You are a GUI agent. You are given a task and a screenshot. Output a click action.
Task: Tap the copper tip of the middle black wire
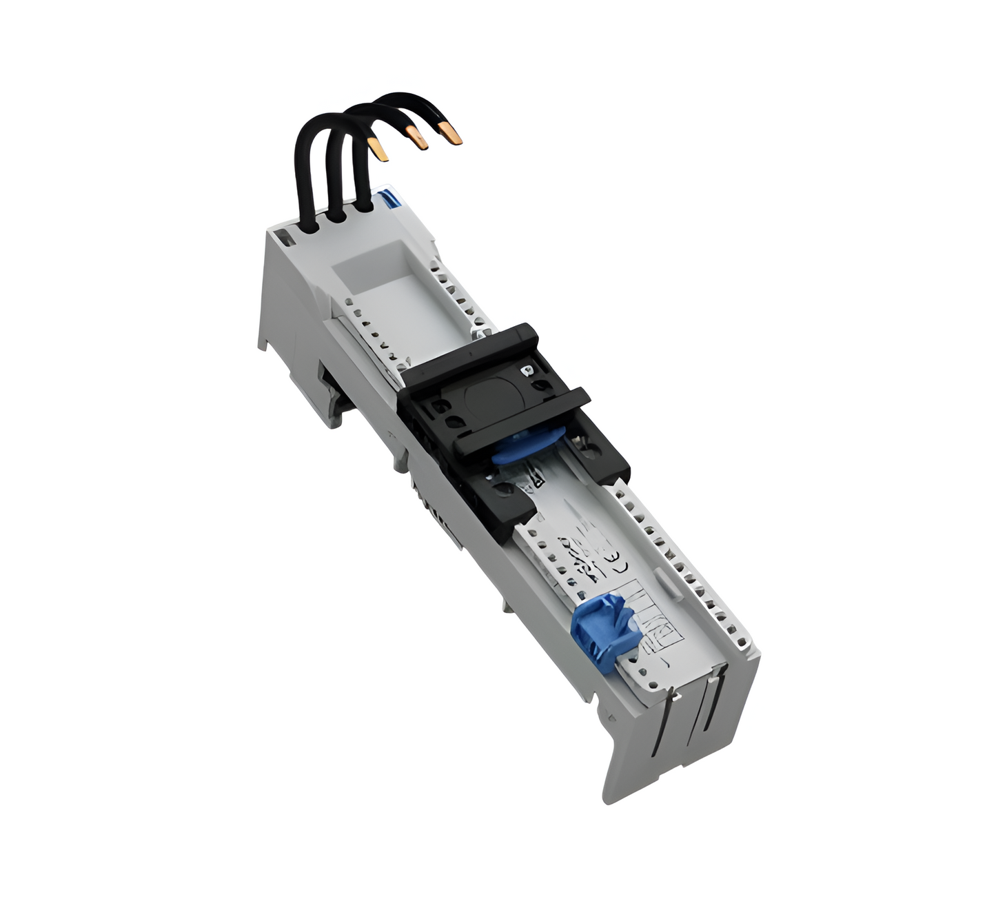click(417, 138)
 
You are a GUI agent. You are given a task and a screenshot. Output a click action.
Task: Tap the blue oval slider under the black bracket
click(528, 445)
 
